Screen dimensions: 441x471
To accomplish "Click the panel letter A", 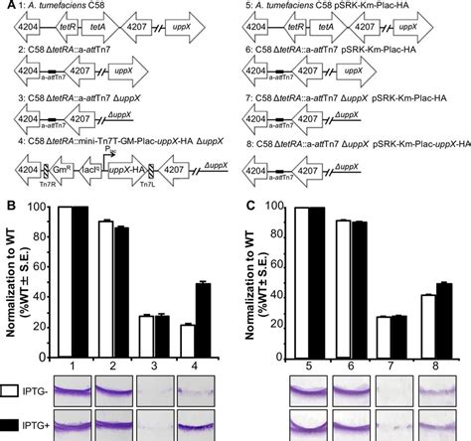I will [6, 6].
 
